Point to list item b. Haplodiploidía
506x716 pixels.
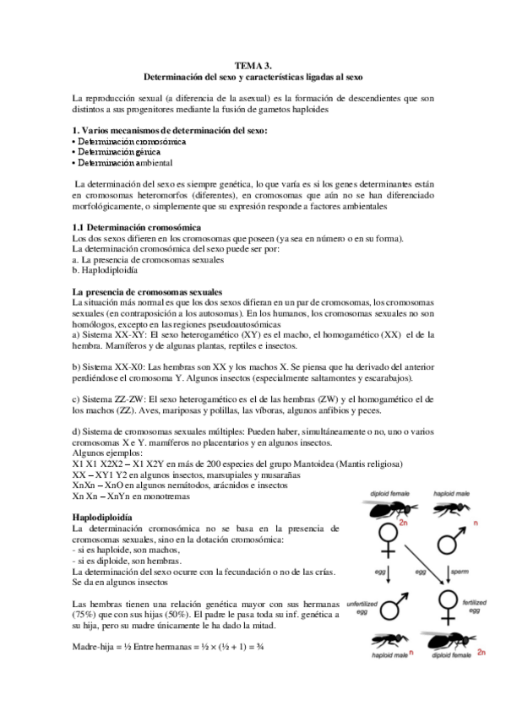point(106,270)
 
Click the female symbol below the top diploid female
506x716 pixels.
point(389,540)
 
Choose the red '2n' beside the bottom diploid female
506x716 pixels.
point(481,653)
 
